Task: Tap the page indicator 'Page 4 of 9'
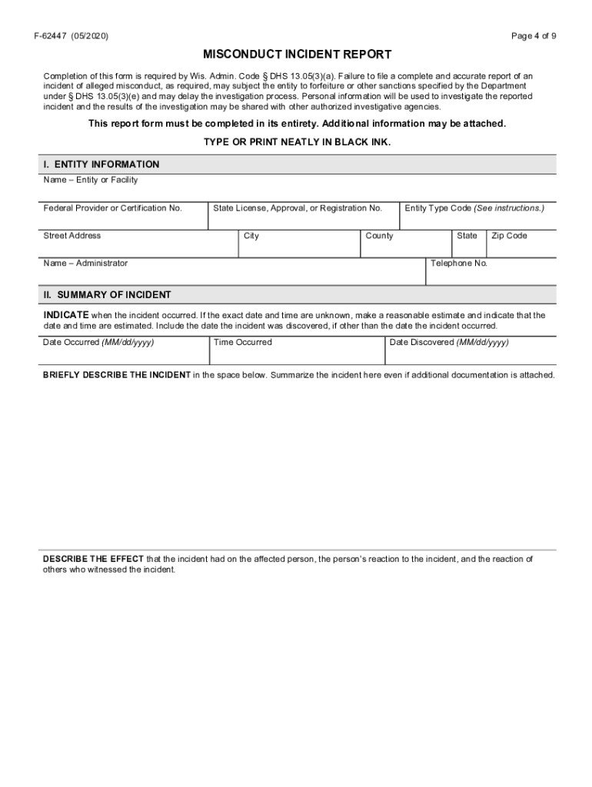point(534,36)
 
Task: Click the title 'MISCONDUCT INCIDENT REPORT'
point(297,55)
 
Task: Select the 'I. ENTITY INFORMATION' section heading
point(101,164)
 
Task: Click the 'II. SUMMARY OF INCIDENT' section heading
point(107,295)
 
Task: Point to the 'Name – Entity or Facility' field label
point(91,181)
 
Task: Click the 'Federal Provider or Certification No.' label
point(113,208)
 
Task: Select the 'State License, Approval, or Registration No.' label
point(298,208)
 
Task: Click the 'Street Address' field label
point(72,236)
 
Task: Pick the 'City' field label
point(251,236)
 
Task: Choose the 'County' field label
point(379,236)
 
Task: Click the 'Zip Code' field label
point(510,236)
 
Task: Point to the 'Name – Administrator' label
point(85,264)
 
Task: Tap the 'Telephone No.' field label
point(459,264)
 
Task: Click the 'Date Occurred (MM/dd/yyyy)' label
point(98,343)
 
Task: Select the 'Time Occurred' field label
point(243,343)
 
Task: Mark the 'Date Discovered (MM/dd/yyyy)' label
point(449,343)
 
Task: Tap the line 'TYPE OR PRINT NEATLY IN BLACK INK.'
point(297,143)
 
